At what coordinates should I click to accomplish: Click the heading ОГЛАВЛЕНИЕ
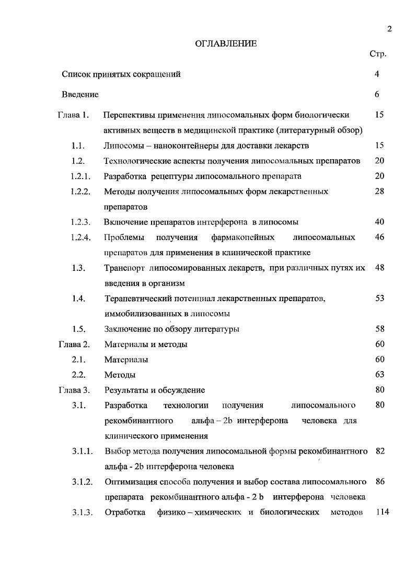tap(226, 44)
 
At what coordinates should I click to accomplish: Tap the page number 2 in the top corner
tap(389, 29)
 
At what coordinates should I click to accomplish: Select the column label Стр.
tap(377, 54)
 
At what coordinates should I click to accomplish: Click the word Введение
tap(80, 94)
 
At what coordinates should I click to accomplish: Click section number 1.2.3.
tap(80, 222)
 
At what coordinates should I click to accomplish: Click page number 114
tap(383, 512)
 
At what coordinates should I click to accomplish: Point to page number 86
tap(380, 482)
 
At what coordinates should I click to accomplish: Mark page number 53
tap(380, 298)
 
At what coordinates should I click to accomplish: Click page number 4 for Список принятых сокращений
tap(377, 74)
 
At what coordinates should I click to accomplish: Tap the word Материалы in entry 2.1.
tap(126, 360)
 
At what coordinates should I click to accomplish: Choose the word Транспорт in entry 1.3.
tap(124, 268)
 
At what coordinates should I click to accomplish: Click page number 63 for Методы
tap(380, 375)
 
